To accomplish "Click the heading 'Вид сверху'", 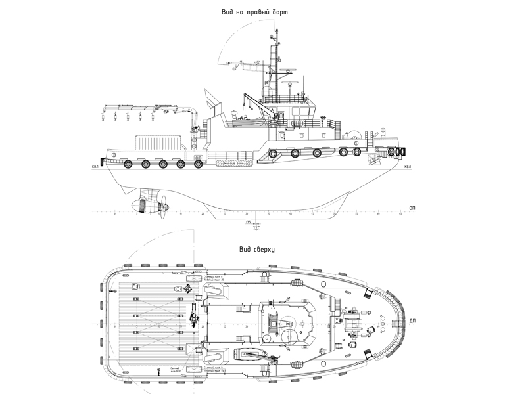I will pos(257,250).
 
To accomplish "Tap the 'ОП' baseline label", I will pos(412,208).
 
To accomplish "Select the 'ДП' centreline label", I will pos(412,321).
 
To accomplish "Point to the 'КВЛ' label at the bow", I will pos(408,167).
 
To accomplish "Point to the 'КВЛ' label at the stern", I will pos(96,167).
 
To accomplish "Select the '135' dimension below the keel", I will pos(247,223).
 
